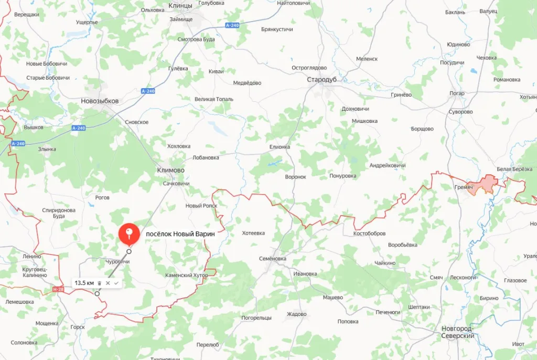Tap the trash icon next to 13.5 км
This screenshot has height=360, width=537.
100,283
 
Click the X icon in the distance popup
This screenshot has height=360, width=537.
108,283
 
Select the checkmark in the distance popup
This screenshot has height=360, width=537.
116,283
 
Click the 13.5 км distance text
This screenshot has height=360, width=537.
84,283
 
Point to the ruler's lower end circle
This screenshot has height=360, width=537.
97,294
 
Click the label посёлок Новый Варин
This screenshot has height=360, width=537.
180,234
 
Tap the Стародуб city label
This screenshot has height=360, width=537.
321,79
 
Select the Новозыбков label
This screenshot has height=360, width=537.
100,101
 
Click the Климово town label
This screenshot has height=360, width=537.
171,171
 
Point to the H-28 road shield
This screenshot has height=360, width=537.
58,289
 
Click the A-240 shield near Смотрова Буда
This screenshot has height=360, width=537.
232,25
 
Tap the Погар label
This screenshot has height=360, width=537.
457,93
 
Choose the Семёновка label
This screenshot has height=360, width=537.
273,259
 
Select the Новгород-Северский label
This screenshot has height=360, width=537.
457,332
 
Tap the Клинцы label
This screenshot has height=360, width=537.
180,5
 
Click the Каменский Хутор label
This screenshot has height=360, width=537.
186,275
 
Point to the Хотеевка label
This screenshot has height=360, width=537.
253,233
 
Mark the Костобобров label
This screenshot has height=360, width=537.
370,233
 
